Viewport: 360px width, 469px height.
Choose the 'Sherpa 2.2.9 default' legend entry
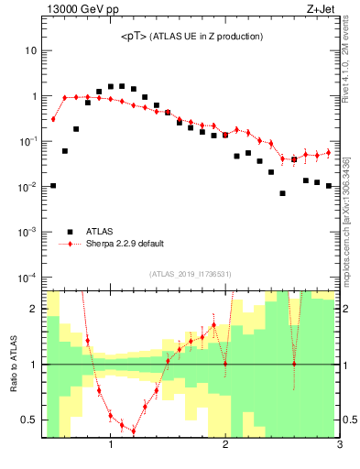coord(125,244)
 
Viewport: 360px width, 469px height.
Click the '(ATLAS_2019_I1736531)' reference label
coord(191,274)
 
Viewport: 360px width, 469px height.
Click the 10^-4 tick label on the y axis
coord(27,277)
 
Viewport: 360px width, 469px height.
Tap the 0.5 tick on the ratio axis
coord(29,420)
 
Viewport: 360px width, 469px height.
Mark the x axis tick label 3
coord(339,446)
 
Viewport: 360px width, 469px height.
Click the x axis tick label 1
coord(111,446)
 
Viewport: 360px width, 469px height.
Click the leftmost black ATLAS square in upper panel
coord(53,186)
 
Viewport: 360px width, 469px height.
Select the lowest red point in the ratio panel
coord(134,431)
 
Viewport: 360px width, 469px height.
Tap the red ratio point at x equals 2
coord(225,365)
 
